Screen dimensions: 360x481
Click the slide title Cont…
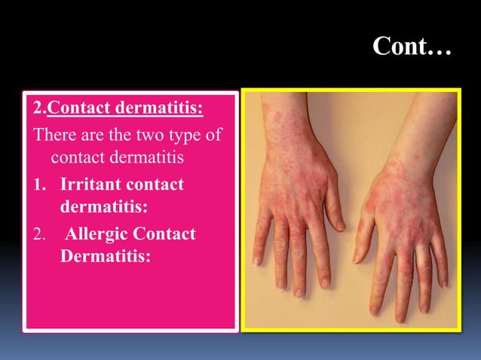(411, 50)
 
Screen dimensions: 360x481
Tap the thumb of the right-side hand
(364, 226)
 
